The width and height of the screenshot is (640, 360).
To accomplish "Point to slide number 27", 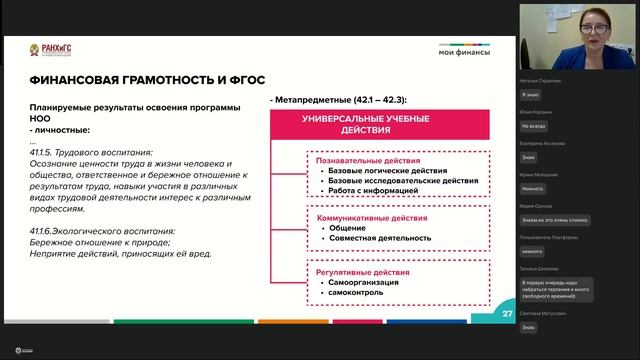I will click(508, 313).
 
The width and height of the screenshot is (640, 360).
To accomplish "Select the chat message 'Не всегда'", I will click(533, 127).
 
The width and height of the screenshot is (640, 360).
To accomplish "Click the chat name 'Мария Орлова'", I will click(534, 206).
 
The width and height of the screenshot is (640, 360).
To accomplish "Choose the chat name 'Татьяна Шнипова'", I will click(540, 269).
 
